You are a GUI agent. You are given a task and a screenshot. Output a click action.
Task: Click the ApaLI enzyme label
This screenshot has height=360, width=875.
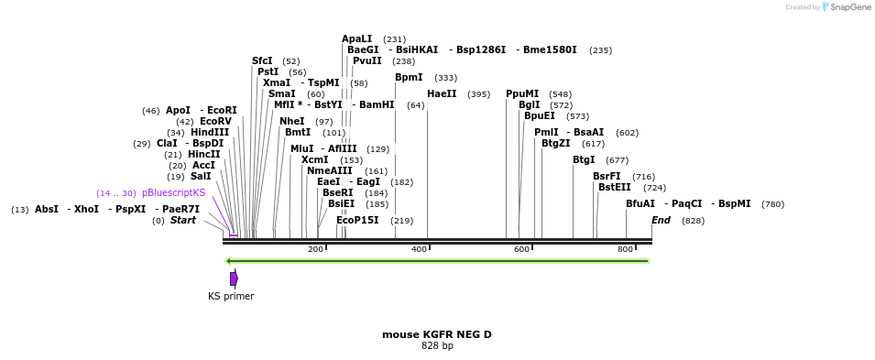(357, 38)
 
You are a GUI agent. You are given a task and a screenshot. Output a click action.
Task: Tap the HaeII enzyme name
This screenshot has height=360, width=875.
(442, 93)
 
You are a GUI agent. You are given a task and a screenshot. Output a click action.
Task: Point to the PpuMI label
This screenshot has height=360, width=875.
(522, 93)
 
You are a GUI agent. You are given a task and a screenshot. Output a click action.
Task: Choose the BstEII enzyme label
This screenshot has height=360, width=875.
(614, 187)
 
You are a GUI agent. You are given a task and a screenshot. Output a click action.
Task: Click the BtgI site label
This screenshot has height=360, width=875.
(584, 159)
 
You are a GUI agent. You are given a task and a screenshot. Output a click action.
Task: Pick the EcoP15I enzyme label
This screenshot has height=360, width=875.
(357, 220)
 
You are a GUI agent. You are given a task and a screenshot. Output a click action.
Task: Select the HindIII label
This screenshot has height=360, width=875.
(210, 132)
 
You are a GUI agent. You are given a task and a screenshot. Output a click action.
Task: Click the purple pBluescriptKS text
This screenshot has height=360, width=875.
(173, 192)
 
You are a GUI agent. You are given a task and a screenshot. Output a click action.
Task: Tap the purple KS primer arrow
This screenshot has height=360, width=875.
(234, 278)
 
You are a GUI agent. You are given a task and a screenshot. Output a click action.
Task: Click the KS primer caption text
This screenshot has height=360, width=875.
(231, 296)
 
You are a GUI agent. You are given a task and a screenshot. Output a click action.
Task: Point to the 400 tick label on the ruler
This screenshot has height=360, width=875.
(419, 249)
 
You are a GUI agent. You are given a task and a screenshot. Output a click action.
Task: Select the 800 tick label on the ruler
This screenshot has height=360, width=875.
(625, 249)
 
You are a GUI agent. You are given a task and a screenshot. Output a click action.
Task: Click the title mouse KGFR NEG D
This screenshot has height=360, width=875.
(437, 334)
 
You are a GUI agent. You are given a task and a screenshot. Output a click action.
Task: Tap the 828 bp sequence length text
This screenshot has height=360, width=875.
(437, 346)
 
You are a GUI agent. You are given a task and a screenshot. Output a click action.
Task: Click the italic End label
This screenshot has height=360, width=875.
(661, 220)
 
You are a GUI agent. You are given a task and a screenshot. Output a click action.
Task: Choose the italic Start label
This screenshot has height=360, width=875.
(183, 220)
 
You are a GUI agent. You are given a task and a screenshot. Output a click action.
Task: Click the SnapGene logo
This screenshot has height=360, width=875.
(844, 7)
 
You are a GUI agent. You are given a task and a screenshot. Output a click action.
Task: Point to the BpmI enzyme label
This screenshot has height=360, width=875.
(409, 77)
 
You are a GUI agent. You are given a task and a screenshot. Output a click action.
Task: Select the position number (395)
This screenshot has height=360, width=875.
(478, 94)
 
